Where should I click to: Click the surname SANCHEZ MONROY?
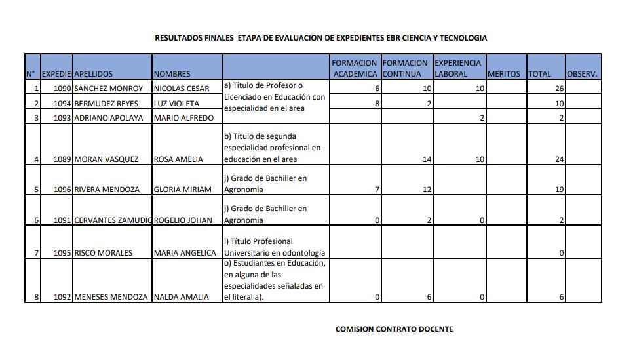coord(108,89)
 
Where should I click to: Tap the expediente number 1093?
coord(62,118)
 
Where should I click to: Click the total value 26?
coord(559,89)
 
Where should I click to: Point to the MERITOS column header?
coord(504,74)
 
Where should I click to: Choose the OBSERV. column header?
coord(582,74)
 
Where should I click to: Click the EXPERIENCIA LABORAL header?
coord(459,68)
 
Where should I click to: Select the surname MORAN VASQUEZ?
coord(106,159)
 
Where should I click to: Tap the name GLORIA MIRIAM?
coord(182,190)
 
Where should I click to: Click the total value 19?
coord(559,190)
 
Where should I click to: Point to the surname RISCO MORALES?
coord(104,253)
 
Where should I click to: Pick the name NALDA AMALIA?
coord(181,297)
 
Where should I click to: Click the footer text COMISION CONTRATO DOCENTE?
coord(394,329)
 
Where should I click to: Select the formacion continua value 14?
coord(427,159)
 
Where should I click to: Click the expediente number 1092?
coord(62,297)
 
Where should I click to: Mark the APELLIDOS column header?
coord(93,74)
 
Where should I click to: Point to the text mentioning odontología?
coord(275,253)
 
